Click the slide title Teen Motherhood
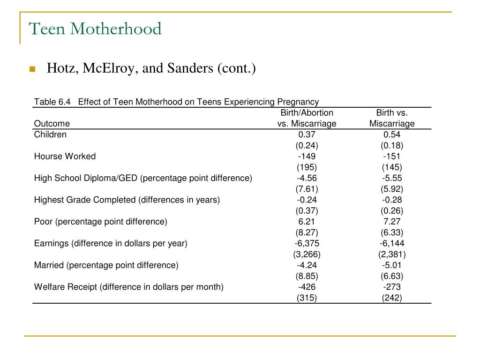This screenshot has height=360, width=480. click(x=95, y=29)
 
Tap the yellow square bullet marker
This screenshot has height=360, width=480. click(x=32, y=69)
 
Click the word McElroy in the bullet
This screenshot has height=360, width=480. click(x=108, y=68)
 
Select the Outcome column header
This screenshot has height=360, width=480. click(x=52, y=124)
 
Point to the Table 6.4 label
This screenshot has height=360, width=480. click(x=52, y=102)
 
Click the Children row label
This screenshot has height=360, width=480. click(x=50, y=135)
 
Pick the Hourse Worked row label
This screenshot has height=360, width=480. click(x=65, y=157)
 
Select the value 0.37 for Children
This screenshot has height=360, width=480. click(x=307, y=135)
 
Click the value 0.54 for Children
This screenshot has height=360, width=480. click(x=392, y=135)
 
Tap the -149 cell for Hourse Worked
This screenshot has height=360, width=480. click(x=307, y=157)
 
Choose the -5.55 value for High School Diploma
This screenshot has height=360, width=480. click(x=392, y=178)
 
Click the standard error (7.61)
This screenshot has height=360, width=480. click(x=307, y=189)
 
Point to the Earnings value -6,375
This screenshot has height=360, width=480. click(x=307, y=243)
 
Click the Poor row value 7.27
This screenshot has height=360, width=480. click(x=392, y=222)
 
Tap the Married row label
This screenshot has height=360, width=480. click(x=106, y=265)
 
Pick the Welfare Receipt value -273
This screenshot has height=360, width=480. click(x=392, y=287)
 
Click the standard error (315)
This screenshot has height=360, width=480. click(x=307, y=298)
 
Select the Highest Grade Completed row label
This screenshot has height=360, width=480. click(x=127, y=200)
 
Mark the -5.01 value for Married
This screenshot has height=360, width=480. click(x=392, y=265)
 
